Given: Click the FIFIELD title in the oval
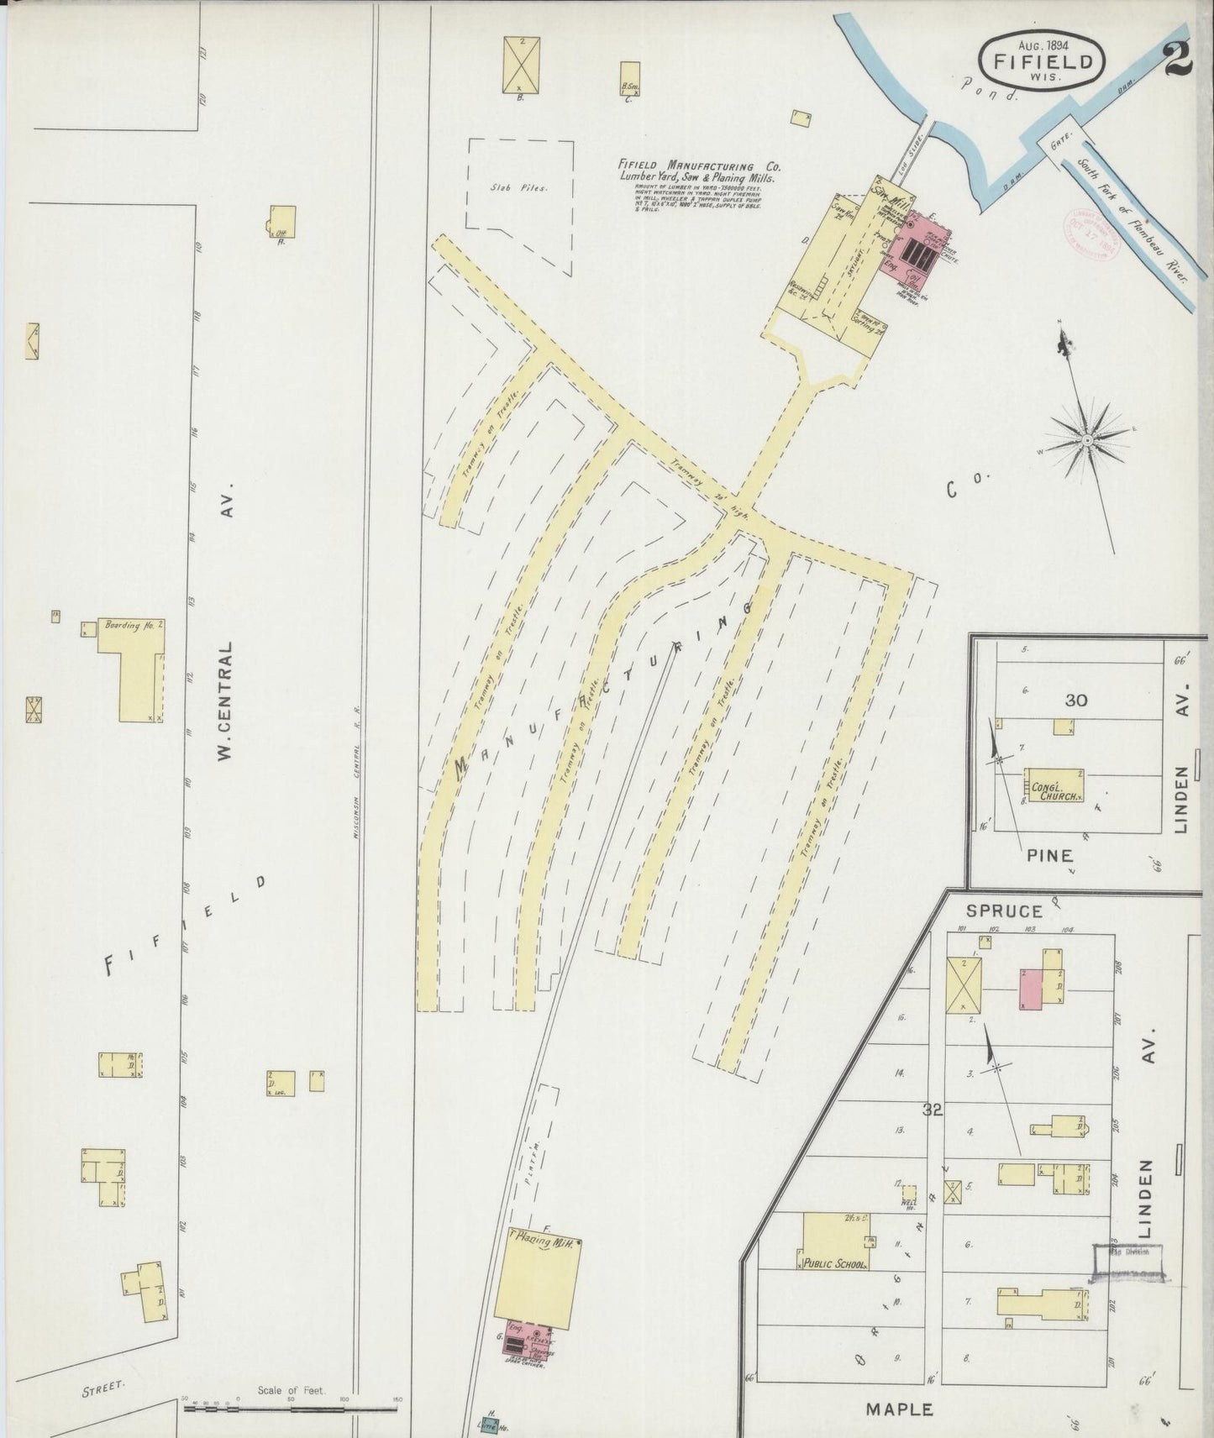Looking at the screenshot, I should point(1043,60).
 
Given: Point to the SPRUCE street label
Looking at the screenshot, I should point(991,910).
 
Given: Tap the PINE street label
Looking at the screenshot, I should point(1049,855).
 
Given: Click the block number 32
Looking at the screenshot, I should point(932,1110).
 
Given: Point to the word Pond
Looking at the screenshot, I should point(989,90).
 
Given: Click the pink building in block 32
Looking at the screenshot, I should point(1030,989).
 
